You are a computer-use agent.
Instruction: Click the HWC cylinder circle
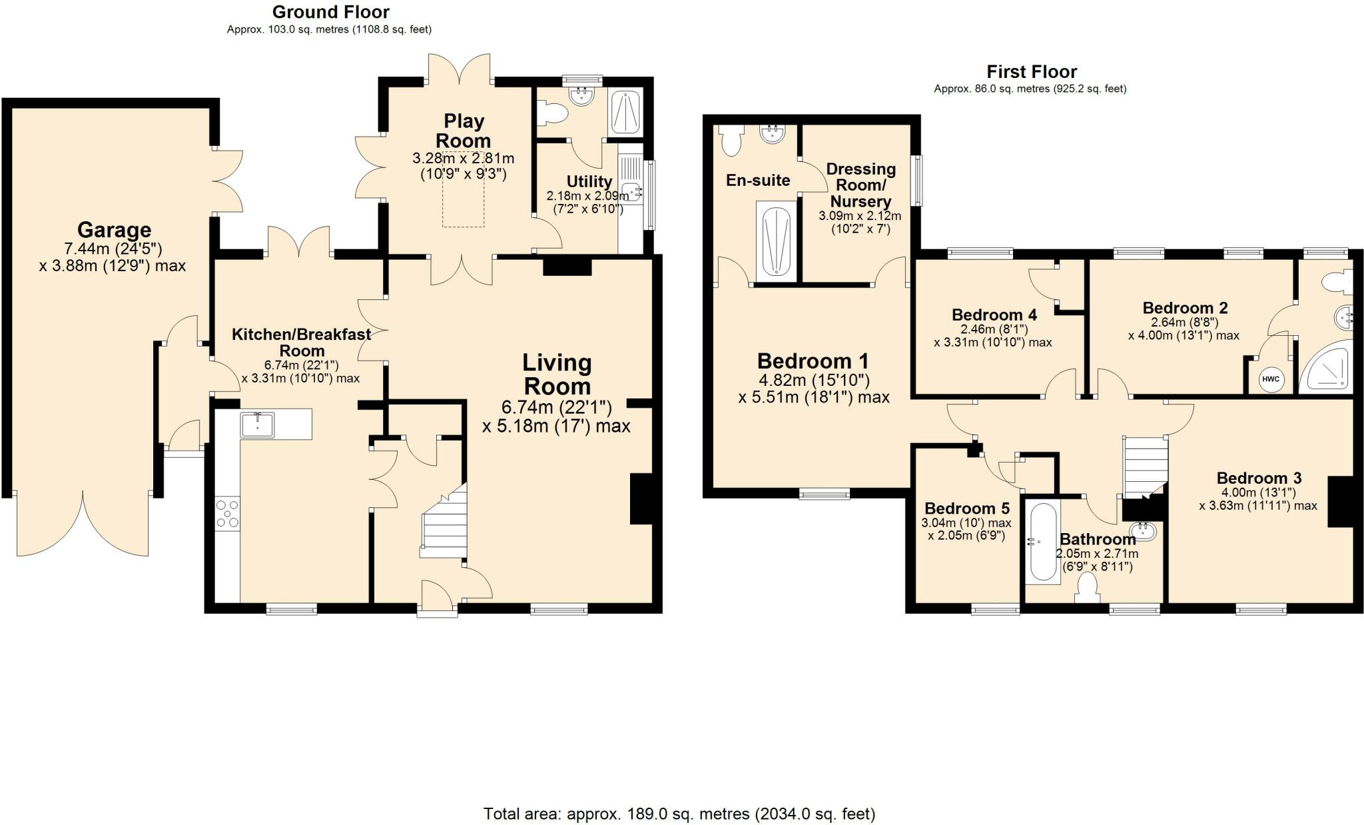tap(1271, 379)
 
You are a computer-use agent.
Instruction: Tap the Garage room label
tap(114, 230)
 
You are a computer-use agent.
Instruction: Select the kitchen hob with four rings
tap(227, 514)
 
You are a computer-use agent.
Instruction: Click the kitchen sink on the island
tap(257, 424)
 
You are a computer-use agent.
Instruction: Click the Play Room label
tap(464, 131)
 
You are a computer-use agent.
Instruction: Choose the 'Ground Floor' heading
tap(331, 12)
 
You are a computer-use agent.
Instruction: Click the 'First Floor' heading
tap(1032, 71)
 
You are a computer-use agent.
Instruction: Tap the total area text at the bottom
tap(679, 813)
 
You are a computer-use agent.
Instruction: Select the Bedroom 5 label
tap(967, 508)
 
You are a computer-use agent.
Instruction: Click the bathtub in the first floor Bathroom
tap(1042, 543)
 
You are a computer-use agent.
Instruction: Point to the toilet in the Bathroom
tap(1087, 588)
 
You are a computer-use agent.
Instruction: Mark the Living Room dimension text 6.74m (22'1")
tap(557, 407)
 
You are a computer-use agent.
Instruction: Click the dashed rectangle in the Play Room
tap(464, 189)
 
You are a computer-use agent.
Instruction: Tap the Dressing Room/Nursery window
tap(918, 181)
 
